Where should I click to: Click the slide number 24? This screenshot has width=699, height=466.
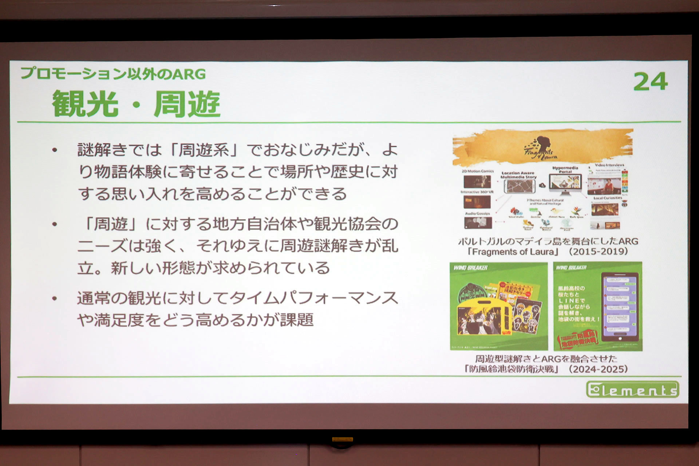(651, 82)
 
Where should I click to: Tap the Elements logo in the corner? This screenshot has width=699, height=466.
(633, 390)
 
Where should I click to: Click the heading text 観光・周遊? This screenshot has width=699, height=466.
(136, 104)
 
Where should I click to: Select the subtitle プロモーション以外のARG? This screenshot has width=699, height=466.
(113, 74)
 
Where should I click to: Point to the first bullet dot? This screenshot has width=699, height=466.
(55, 150)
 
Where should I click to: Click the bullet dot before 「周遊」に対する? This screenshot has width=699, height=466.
(55, 224)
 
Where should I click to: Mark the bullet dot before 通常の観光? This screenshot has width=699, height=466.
(55, 299)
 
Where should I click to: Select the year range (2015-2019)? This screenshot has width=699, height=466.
(599, 252)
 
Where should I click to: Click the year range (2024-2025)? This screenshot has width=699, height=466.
(599, 369)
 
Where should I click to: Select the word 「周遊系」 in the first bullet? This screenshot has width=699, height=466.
(204, 150)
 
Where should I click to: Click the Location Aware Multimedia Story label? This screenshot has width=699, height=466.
(518, 175)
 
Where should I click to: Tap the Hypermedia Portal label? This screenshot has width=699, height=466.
(565, 170)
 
